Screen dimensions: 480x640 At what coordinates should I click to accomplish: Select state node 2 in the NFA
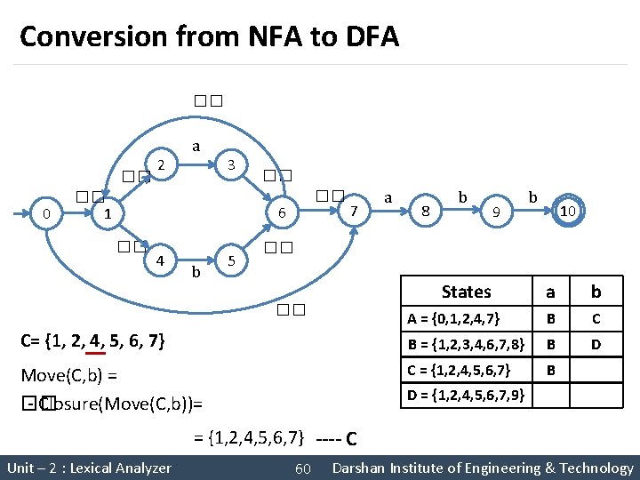(x=160, y=164)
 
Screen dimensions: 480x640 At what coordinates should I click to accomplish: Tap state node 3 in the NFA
(x=230, y=164)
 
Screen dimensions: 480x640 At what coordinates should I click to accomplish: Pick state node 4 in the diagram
(x=160, y=261)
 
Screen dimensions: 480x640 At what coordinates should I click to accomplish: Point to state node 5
(x=230, y=261)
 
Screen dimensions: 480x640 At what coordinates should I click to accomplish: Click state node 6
(x=281, y=213)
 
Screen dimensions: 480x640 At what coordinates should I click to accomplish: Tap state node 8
(x=426, y=212)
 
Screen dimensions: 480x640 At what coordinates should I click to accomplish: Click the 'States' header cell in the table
(x=466, y=292)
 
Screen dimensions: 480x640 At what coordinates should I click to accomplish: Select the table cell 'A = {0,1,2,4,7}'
(x=466, y=317)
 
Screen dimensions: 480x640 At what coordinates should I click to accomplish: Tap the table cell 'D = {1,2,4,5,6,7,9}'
(x=466, y=394)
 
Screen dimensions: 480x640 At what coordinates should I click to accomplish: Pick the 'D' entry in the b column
(x=596, y=343)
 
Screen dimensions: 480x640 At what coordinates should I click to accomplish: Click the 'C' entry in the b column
(x=596, y=317)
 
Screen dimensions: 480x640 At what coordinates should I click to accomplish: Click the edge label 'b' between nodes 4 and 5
(x=196, y=270)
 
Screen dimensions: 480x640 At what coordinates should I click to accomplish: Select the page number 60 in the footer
(x=302, y=468)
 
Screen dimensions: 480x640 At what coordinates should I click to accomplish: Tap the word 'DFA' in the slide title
(x=368, y=37)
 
